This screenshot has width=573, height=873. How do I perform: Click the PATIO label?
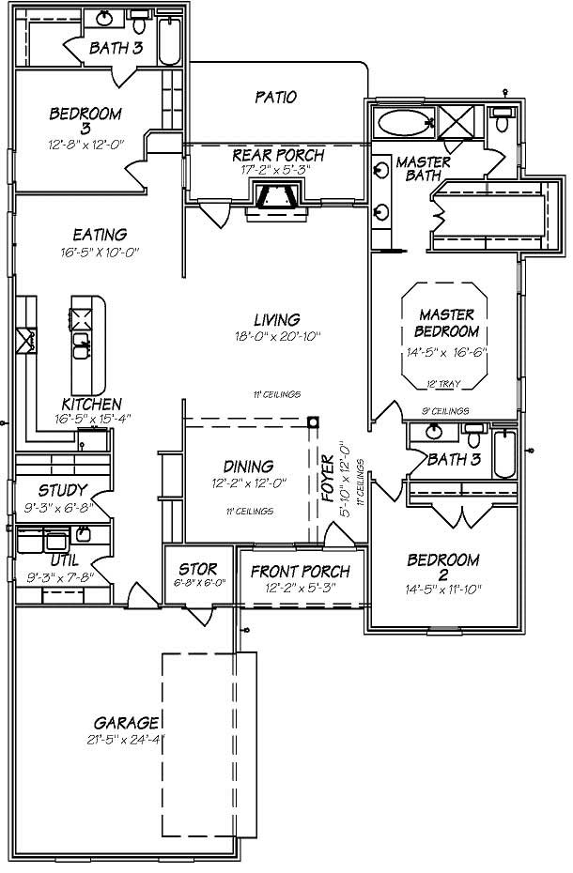click(x=275, y=97)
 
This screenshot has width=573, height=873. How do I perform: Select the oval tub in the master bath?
click(x=402, y=122)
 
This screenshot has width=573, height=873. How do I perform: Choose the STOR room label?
click(x=198, y=569)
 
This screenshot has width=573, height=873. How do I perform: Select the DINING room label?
click(x=248, y=467)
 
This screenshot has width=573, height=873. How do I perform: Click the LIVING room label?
click(x=275, y=319)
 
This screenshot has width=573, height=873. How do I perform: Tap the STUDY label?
click(x=62, y=490)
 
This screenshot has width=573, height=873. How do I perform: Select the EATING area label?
click(x=99, y=235)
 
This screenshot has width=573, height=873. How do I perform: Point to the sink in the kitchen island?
click(x=82, y=343)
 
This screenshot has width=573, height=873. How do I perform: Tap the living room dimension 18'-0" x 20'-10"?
click(x=275, y=336)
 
